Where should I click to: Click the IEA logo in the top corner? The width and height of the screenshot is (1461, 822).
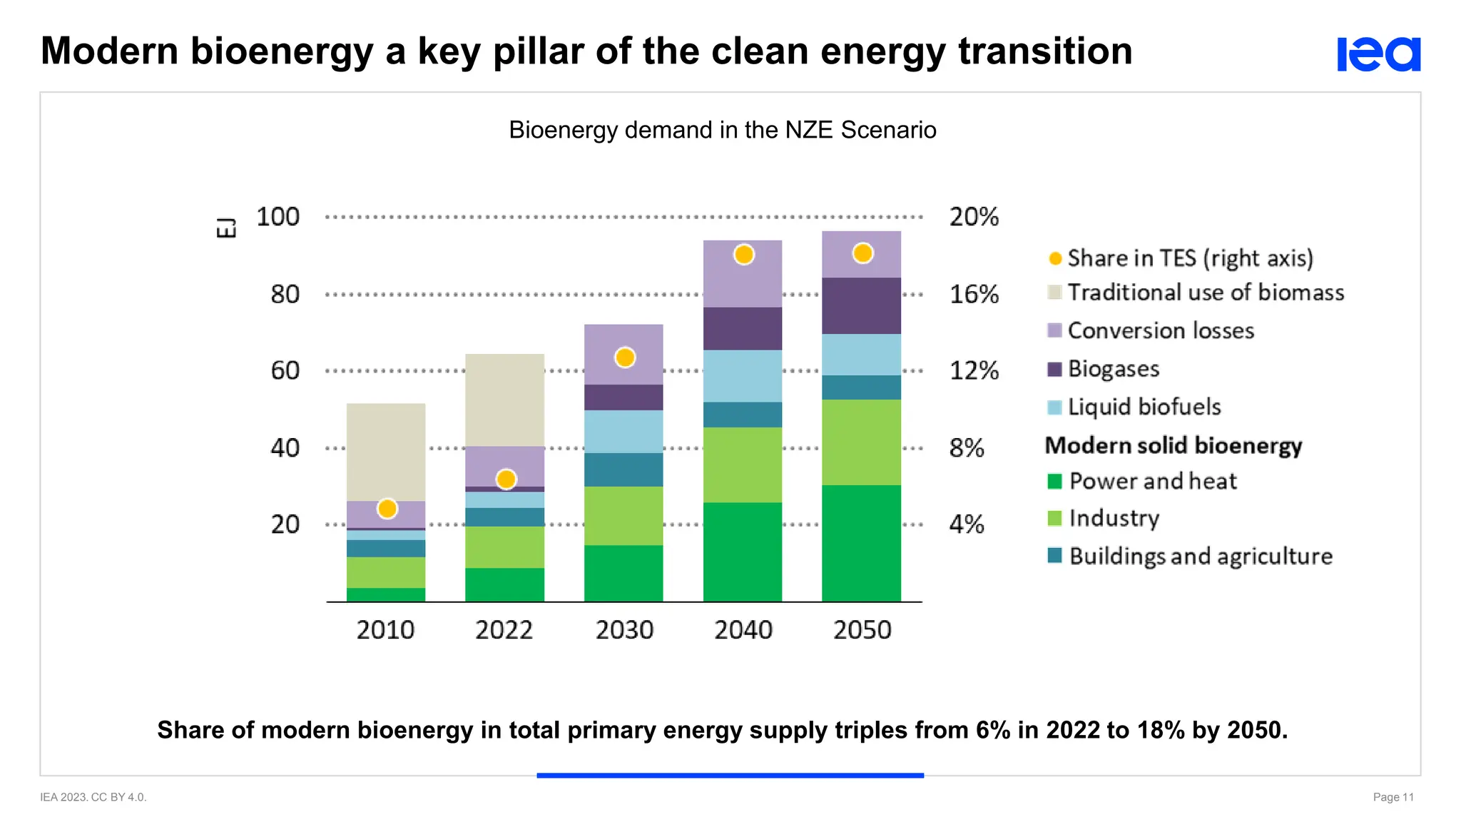point(1378,54)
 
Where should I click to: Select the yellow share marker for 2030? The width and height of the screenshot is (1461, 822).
point(625,357)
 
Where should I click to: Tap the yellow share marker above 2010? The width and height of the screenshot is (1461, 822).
point(387,509)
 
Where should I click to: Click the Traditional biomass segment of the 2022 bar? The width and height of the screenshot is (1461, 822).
point(504,400)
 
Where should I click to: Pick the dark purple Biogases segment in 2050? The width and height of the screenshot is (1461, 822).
point(861,305)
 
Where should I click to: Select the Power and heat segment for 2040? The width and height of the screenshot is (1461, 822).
point(743,552)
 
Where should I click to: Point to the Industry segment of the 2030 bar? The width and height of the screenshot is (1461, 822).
point(623,516)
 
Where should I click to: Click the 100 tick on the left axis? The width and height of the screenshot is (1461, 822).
point(278,217)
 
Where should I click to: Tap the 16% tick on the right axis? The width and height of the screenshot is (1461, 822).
point(974,294)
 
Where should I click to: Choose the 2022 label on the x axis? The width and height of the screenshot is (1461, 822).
point(504,630)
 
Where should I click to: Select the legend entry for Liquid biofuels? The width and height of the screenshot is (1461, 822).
point(1144,407)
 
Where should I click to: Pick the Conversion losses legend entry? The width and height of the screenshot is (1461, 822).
point(1160,330)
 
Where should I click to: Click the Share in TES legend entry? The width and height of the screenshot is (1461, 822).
point(1189,258)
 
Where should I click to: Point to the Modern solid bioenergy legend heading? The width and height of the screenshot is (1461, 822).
point(1174,445)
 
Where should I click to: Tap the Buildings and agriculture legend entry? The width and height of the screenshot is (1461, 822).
point(1200,556)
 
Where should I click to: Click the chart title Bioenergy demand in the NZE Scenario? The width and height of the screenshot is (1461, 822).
point(722,130)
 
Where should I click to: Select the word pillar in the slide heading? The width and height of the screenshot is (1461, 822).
point(539,51)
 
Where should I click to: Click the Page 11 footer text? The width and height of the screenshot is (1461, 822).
point(1393,797)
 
